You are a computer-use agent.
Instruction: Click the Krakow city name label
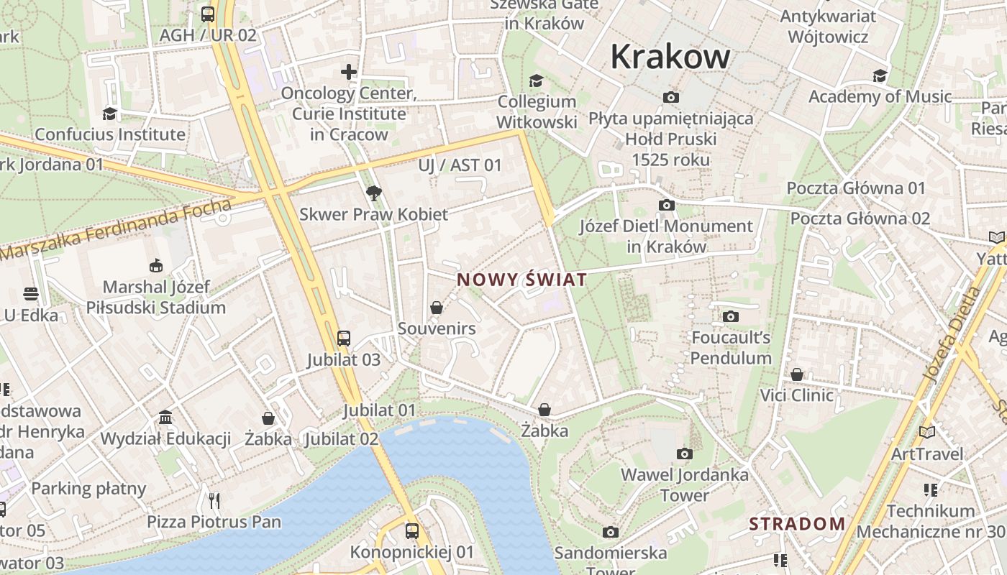pyautogui.click(x=670, y=57)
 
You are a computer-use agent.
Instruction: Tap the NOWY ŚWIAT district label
pyautogui.click(x=522, y=280)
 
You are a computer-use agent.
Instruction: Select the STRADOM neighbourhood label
pyautogui.click(x=797, y=524)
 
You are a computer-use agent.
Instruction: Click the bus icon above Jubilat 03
pyautogui.click(x=344, y=338)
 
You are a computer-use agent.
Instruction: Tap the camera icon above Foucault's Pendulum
pyautogui.click(x=731, y=316)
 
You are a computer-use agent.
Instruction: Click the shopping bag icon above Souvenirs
pyautogui.click(x=437, y=308)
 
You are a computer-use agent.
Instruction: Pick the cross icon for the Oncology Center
pyautogui.click(x=349, y=72)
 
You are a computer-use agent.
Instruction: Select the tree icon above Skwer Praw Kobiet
pyautogui.click(x=373, y=193)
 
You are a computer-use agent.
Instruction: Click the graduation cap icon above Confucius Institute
pyautogui.click(x=109, y=114)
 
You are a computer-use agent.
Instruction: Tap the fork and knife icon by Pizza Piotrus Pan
pyautogui.click(x=214, y=500)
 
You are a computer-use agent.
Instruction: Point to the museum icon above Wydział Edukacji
pyautogui.click(x=165, y=418)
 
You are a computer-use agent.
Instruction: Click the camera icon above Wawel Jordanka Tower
pyautogui.click(x=685, y=454)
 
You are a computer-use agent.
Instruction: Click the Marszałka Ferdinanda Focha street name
pyautogui.click(x=115, y=231)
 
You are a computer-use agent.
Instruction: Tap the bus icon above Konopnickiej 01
pyautogui.click(x=412, y=531)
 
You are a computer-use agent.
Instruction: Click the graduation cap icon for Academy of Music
pyautogui.click(x=880, y=75)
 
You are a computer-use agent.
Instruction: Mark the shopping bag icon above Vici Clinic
pyautogui.click(x=797, y=374)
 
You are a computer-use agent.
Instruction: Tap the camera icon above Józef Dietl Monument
pyautogui.click(x=667, y=206)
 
